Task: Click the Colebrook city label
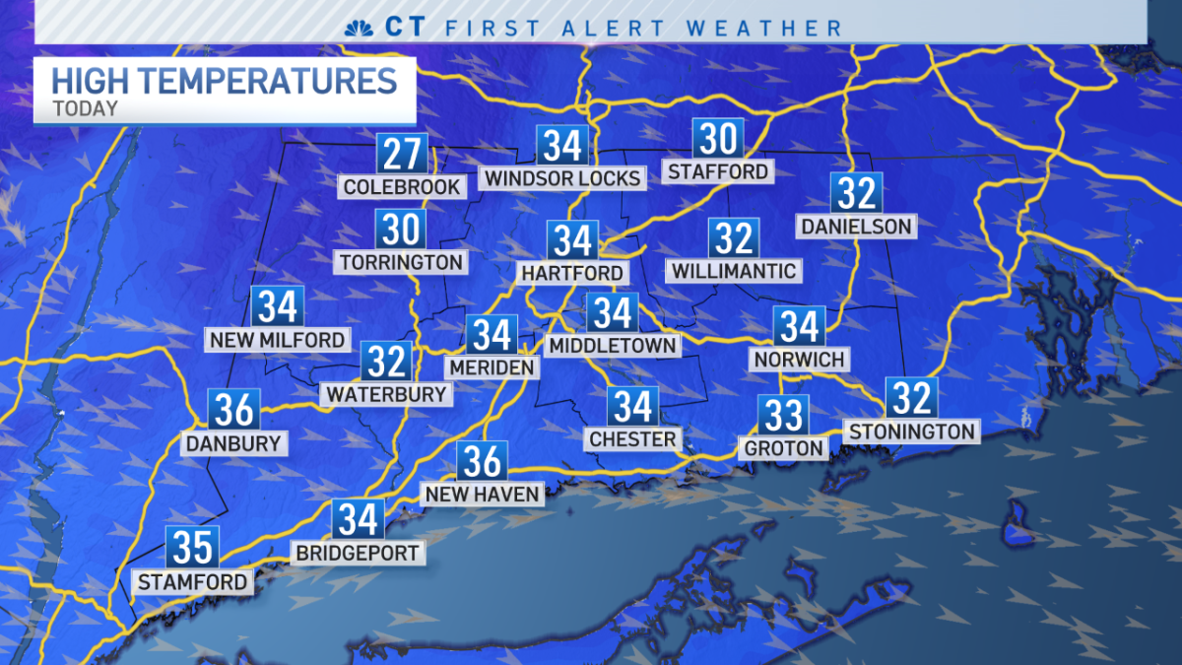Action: tap(402, 186)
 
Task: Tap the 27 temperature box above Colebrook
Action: tap(402, 155)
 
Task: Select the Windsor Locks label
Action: tap(562, 178)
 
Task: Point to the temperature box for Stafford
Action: tap(718, 139)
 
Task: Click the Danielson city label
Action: tap(856, 227)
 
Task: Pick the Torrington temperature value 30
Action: tap(401, 230)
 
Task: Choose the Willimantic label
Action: tap(734, 270)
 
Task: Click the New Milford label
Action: tap(278, 340)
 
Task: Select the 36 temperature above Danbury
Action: tap(234, 410)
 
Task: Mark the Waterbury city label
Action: tap(386, 394)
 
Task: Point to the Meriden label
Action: tap(492, 366)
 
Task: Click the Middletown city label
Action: tap(613, 345)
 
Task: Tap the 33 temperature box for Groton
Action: tap(784, 416)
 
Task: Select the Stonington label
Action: tap(912, 431)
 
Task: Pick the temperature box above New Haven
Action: tap(482, 461)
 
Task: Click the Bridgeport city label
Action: tap(359, 553)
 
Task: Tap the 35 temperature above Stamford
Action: tap(192, 548)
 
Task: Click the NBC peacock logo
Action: tap(358, 27)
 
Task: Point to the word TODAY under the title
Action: tap(85, 108)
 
